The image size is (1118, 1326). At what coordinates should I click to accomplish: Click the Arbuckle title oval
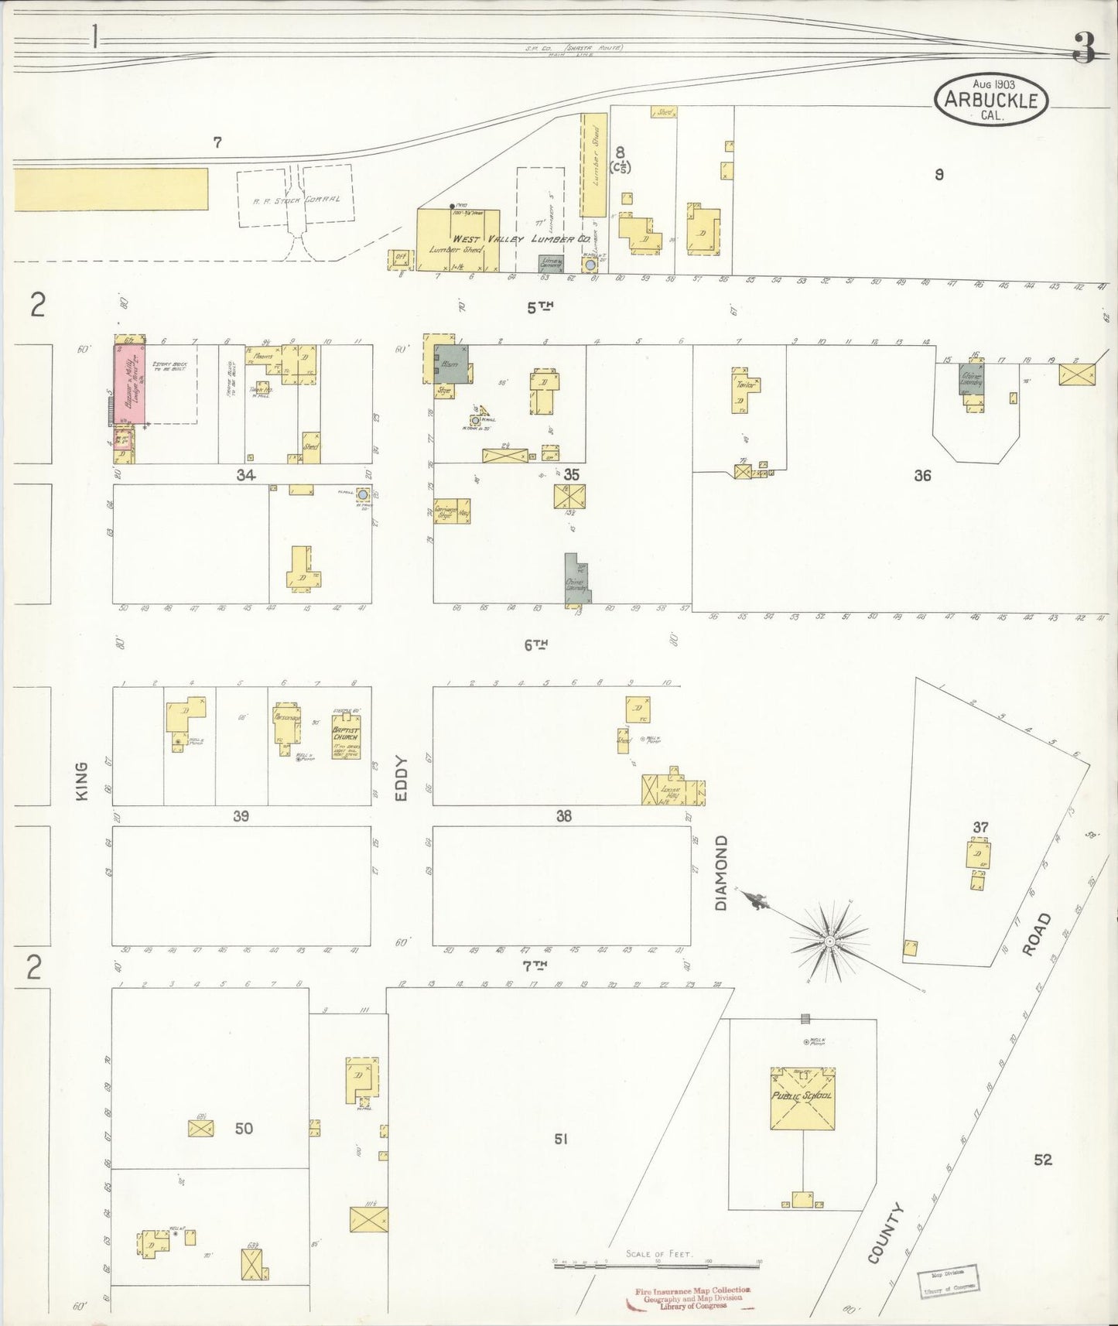click(x=991, y=100)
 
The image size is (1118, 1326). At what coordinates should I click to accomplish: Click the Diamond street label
click(x=721, y=872)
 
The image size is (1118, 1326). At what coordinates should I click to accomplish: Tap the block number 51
click(x=561, y=1138)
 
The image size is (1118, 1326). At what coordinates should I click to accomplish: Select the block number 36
click(x=921, y=476)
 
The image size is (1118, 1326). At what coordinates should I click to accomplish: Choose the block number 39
click(x=241, y=816)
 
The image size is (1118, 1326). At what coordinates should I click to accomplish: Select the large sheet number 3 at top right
click(x=1084, y=49)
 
